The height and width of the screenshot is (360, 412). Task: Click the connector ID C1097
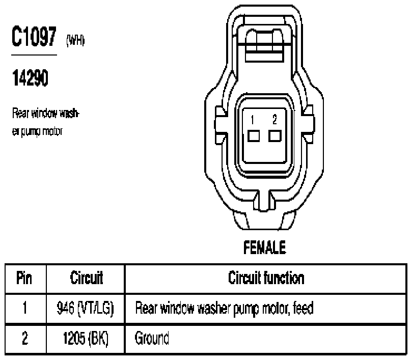tap(34, 36)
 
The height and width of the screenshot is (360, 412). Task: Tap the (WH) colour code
tap(75, 40)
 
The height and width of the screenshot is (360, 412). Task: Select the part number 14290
tap(30, 78)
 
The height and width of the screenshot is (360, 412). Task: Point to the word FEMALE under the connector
tap(265, 247)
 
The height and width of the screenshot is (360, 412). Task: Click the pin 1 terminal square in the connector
tap(254, 136)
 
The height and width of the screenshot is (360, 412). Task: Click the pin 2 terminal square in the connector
tap(275, 136)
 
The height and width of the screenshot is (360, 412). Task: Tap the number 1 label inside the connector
tap(253, 120)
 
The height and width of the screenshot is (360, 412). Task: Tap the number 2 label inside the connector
tap(274, 120)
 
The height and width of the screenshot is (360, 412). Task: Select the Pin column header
tap(24, 278)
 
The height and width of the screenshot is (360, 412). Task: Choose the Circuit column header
tap(87, 278)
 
